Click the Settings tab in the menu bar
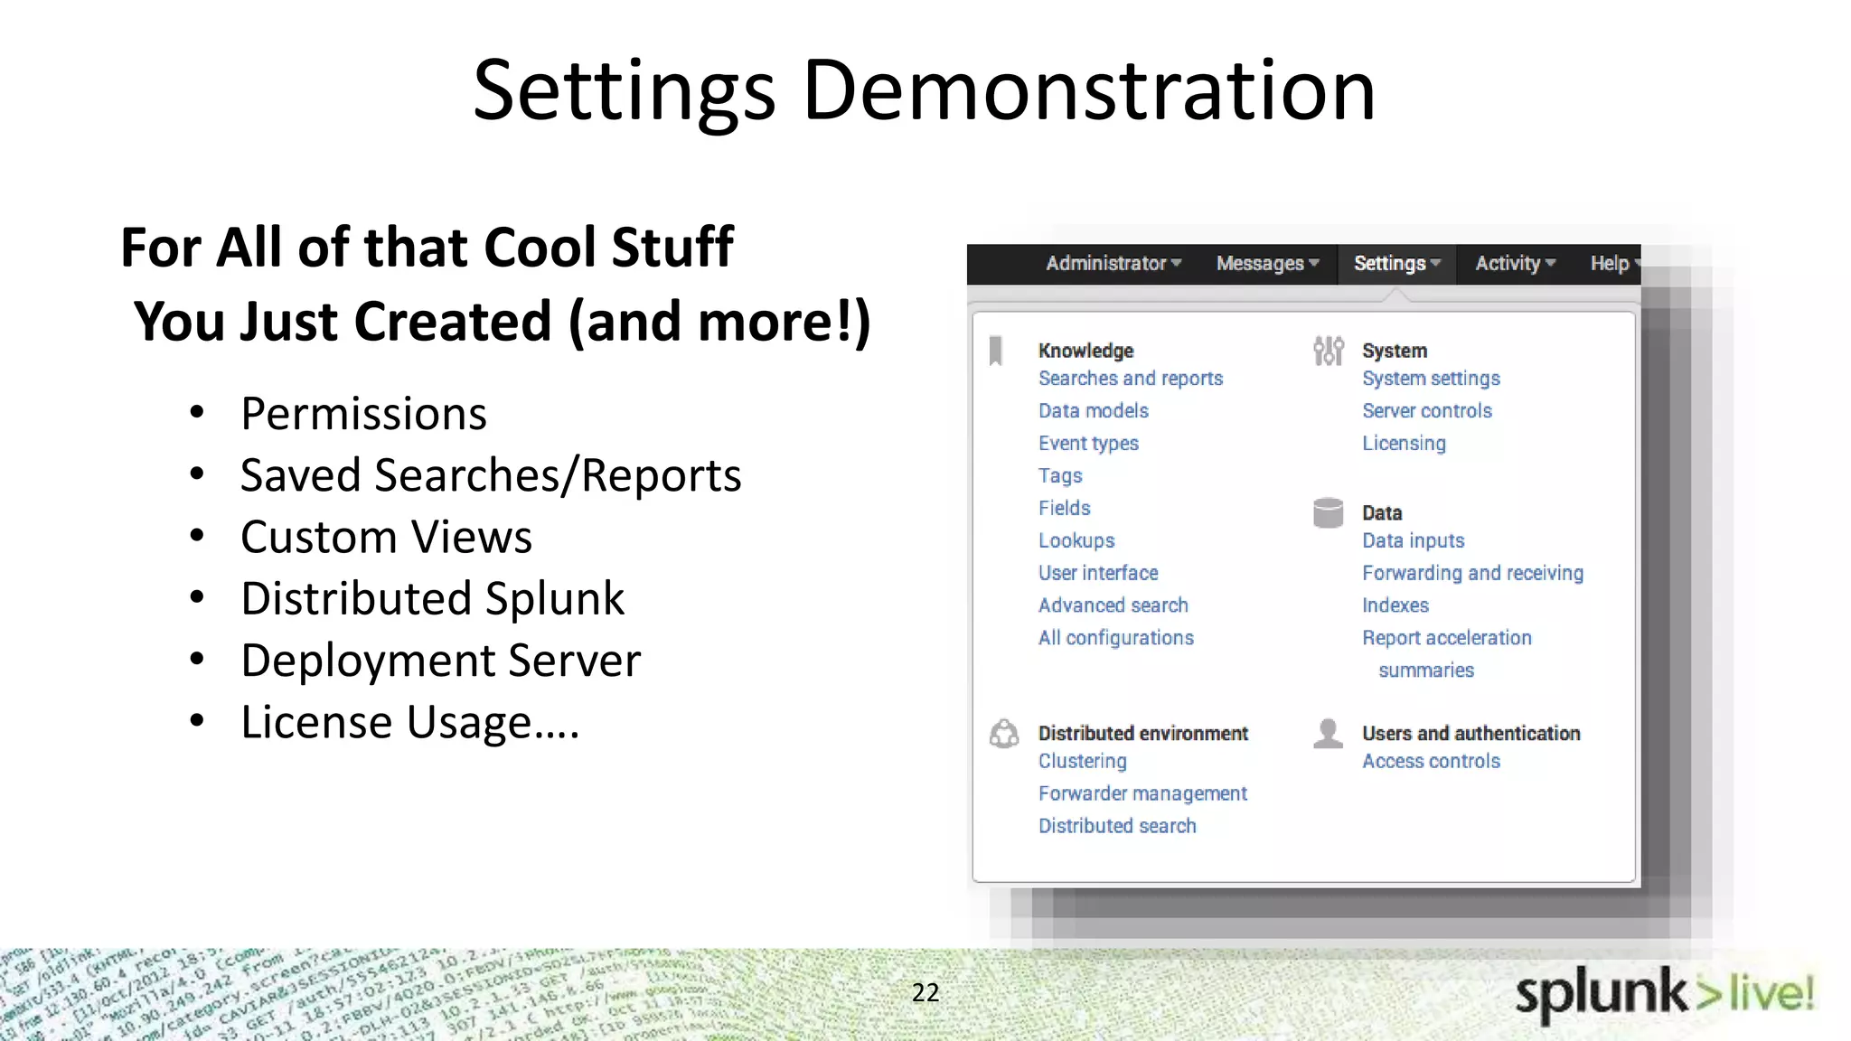point(1395,264)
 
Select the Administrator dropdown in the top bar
point(1113,264)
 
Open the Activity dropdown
point(1515,264)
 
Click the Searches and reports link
point(1130,379)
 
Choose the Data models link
point(1093,411)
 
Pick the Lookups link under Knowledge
point(1076,541)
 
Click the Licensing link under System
point(1404,444)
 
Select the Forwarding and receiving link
point(1472,574)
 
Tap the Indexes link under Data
point(1395,606)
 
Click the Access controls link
point(1431,762)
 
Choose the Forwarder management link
point(1142,794)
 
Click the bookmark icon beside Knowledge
point(996,351)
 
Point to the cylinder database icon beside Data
point(1328,513)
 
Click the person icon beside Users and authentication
point(1328,734)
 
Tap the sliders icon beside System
point(1328,351)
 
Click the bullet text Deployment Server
point(440,661)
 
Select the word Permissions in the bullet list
point(363,415)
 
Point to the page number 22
point(925,993)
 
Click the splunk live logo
point(1664,994)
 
